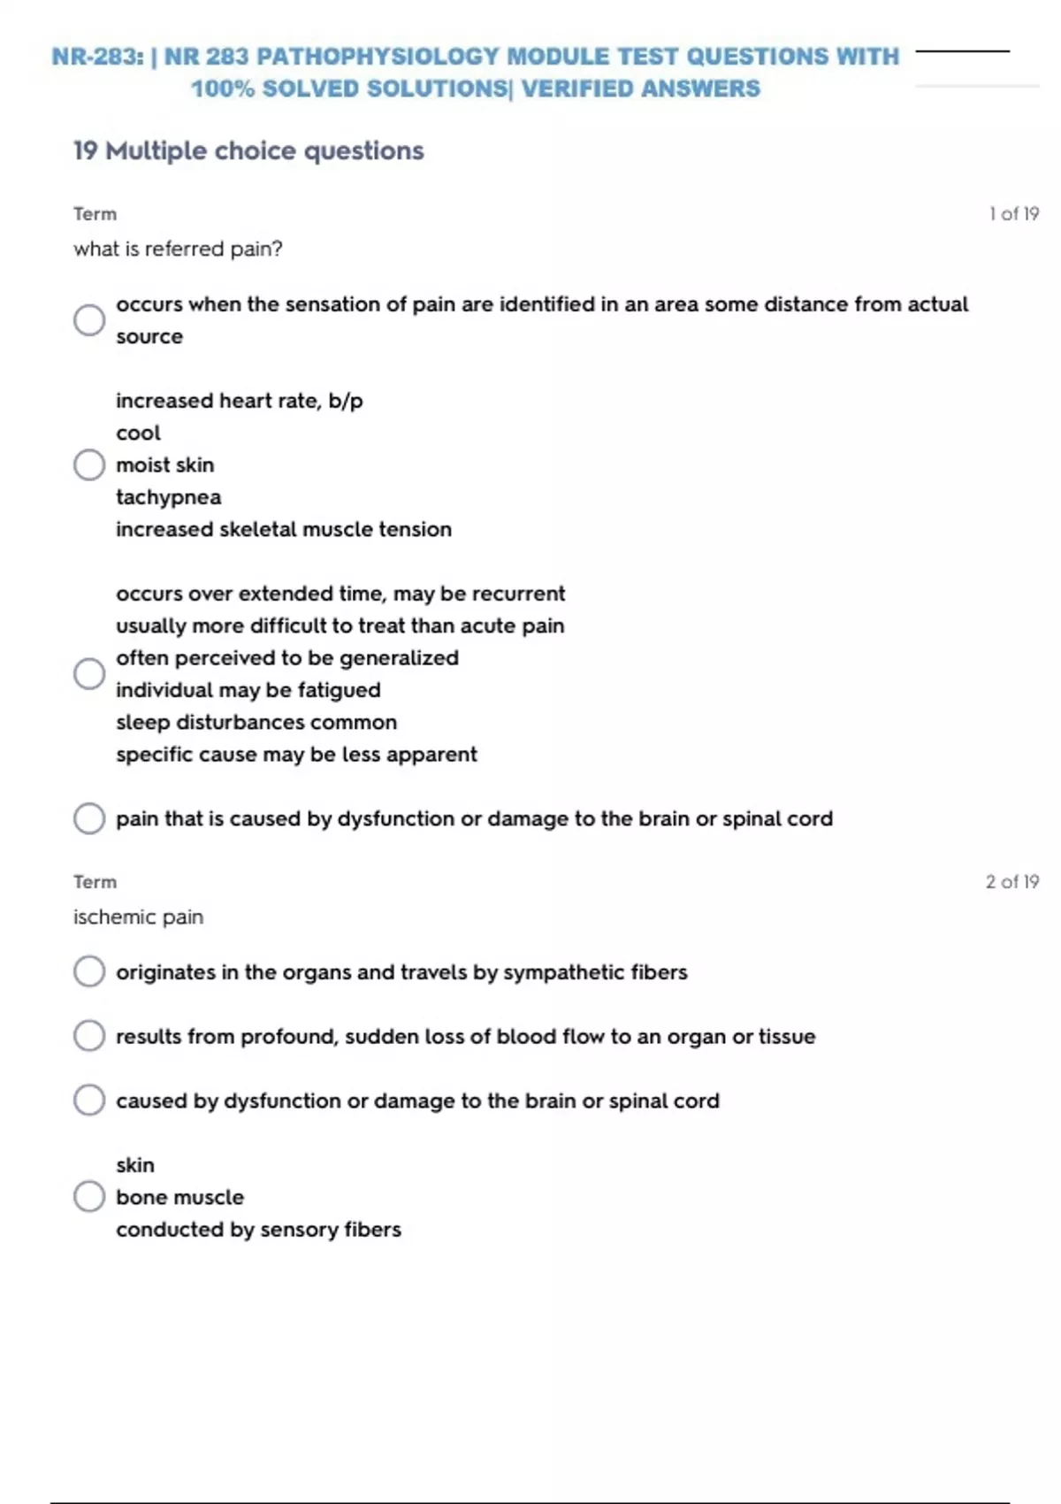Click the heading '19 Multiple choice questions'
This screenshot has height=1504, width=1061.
pyautogui.click(x=248, y=151)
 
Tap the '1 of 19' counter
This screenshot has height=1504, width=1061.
pyautogui.click(x=1013, y=214)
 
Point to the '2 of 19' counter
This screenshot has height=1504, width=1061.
pyautogui.click(x=1011, y=882)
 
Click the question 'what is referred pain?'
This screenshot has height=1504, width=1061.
pyautogui.click(x=178, y=249)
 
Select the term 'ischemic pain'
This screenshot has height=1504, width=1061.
pyautogui.click(x=138, y=917)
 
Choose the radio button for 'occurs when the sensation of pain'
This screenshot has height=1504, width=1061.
pyautogui.click(x=89, y=320)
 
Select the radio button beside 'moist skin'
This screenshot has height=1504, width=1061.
pyautogui.click(x=89, y=464)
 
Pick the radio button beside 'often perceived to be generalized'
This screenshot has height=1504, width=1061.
pyautogui.click(x=89, y=674)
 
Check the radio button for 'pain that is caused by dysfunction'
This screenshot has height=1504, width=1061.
pyautogui.click(x=89, y=818)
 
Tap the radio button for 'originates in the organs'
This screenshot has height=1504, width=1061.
pyautogui.click(x=89, y=971)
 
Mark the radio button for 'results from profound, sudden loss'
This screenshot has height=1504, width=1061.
pyautogui.click(x=89, y=1036)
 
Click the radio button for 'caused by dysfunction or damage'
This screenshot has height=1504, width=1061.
pyautogui.click(x=89, y=1101)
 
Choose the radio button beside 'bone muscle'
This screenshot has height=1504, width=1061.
pyautogui.click(x=89, y=1197)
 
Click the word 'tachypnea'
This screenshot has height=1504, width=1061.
pyautogui.click(x=168, y=497)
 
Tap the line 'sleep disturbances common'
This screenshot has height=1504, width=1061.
pyautogui.click(x=256, y=723)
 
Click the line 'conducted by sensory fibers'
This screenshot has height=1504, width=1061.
pyautogui.click(x=258, y=1230)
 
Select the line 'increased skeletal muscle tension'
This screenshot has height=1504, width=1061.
pyautogui.click(x=283, y=530)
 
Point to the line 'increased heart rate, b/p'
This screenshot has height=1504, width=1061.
pyautogui.click(x=239, y=401)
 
